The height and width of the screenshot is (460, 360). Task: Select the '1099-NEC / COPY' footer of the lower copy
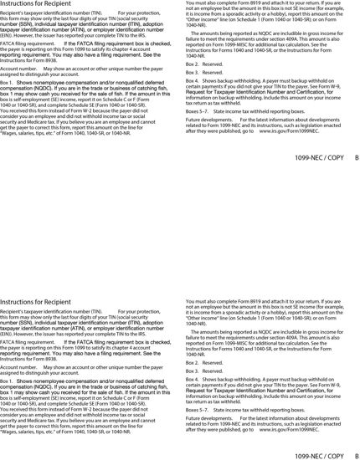pyautogui.click(x=319, y=456)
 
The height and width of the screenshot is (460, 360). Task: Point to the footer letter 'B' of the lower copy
pyautogui.click(x=356, y=456)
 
